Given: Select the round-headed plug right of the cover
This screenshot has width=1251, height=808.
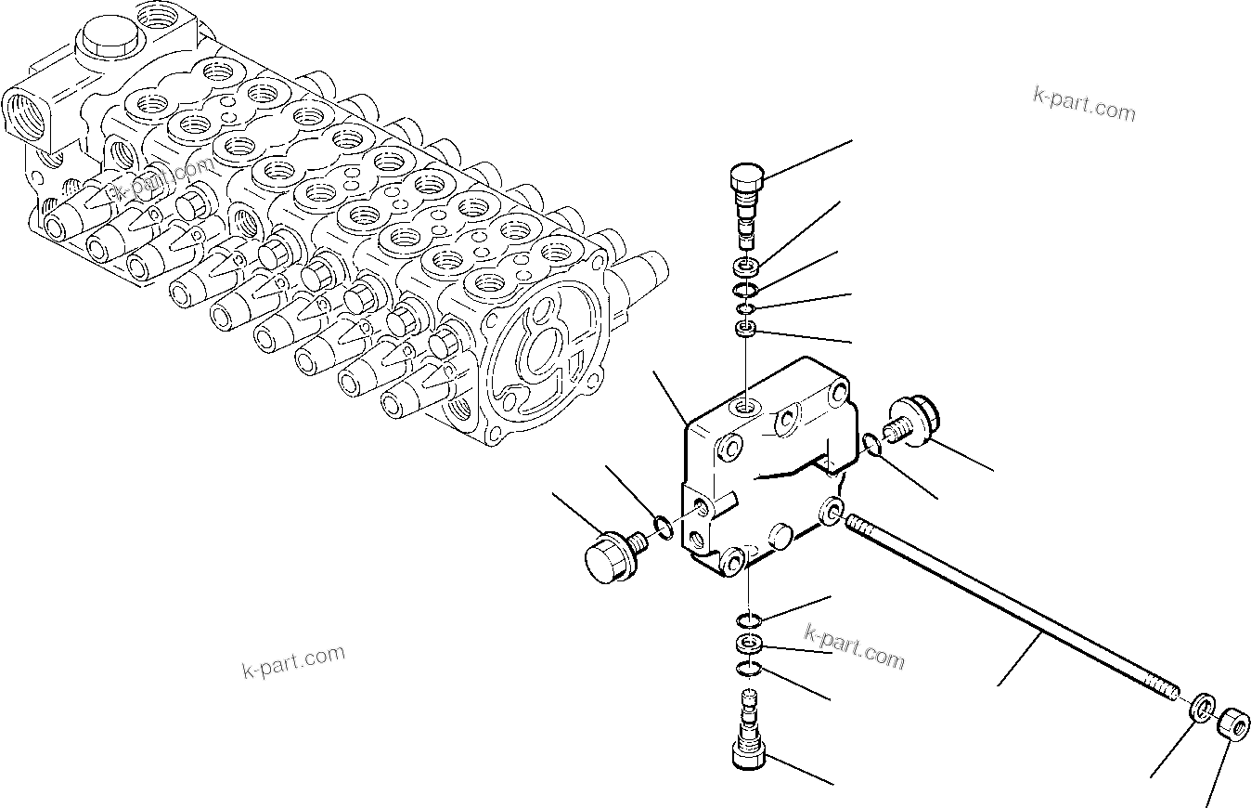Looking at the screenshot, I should (914, 424).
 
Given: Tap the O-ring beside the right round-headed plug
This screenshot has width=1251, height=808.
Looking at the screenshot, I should (871, 445).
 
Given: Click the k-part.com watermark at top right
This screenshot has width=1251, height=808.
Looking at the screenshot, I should (1084, 104).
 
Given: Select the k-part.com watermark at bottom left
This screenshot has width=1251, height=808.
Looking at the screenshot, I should (293, 661).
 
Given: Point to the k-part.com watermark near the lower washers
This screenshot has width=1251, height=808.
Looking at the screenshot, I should (854, 647).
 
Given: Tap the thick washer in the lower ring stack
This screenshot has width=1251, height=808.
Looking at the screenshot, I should (748, 644).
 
